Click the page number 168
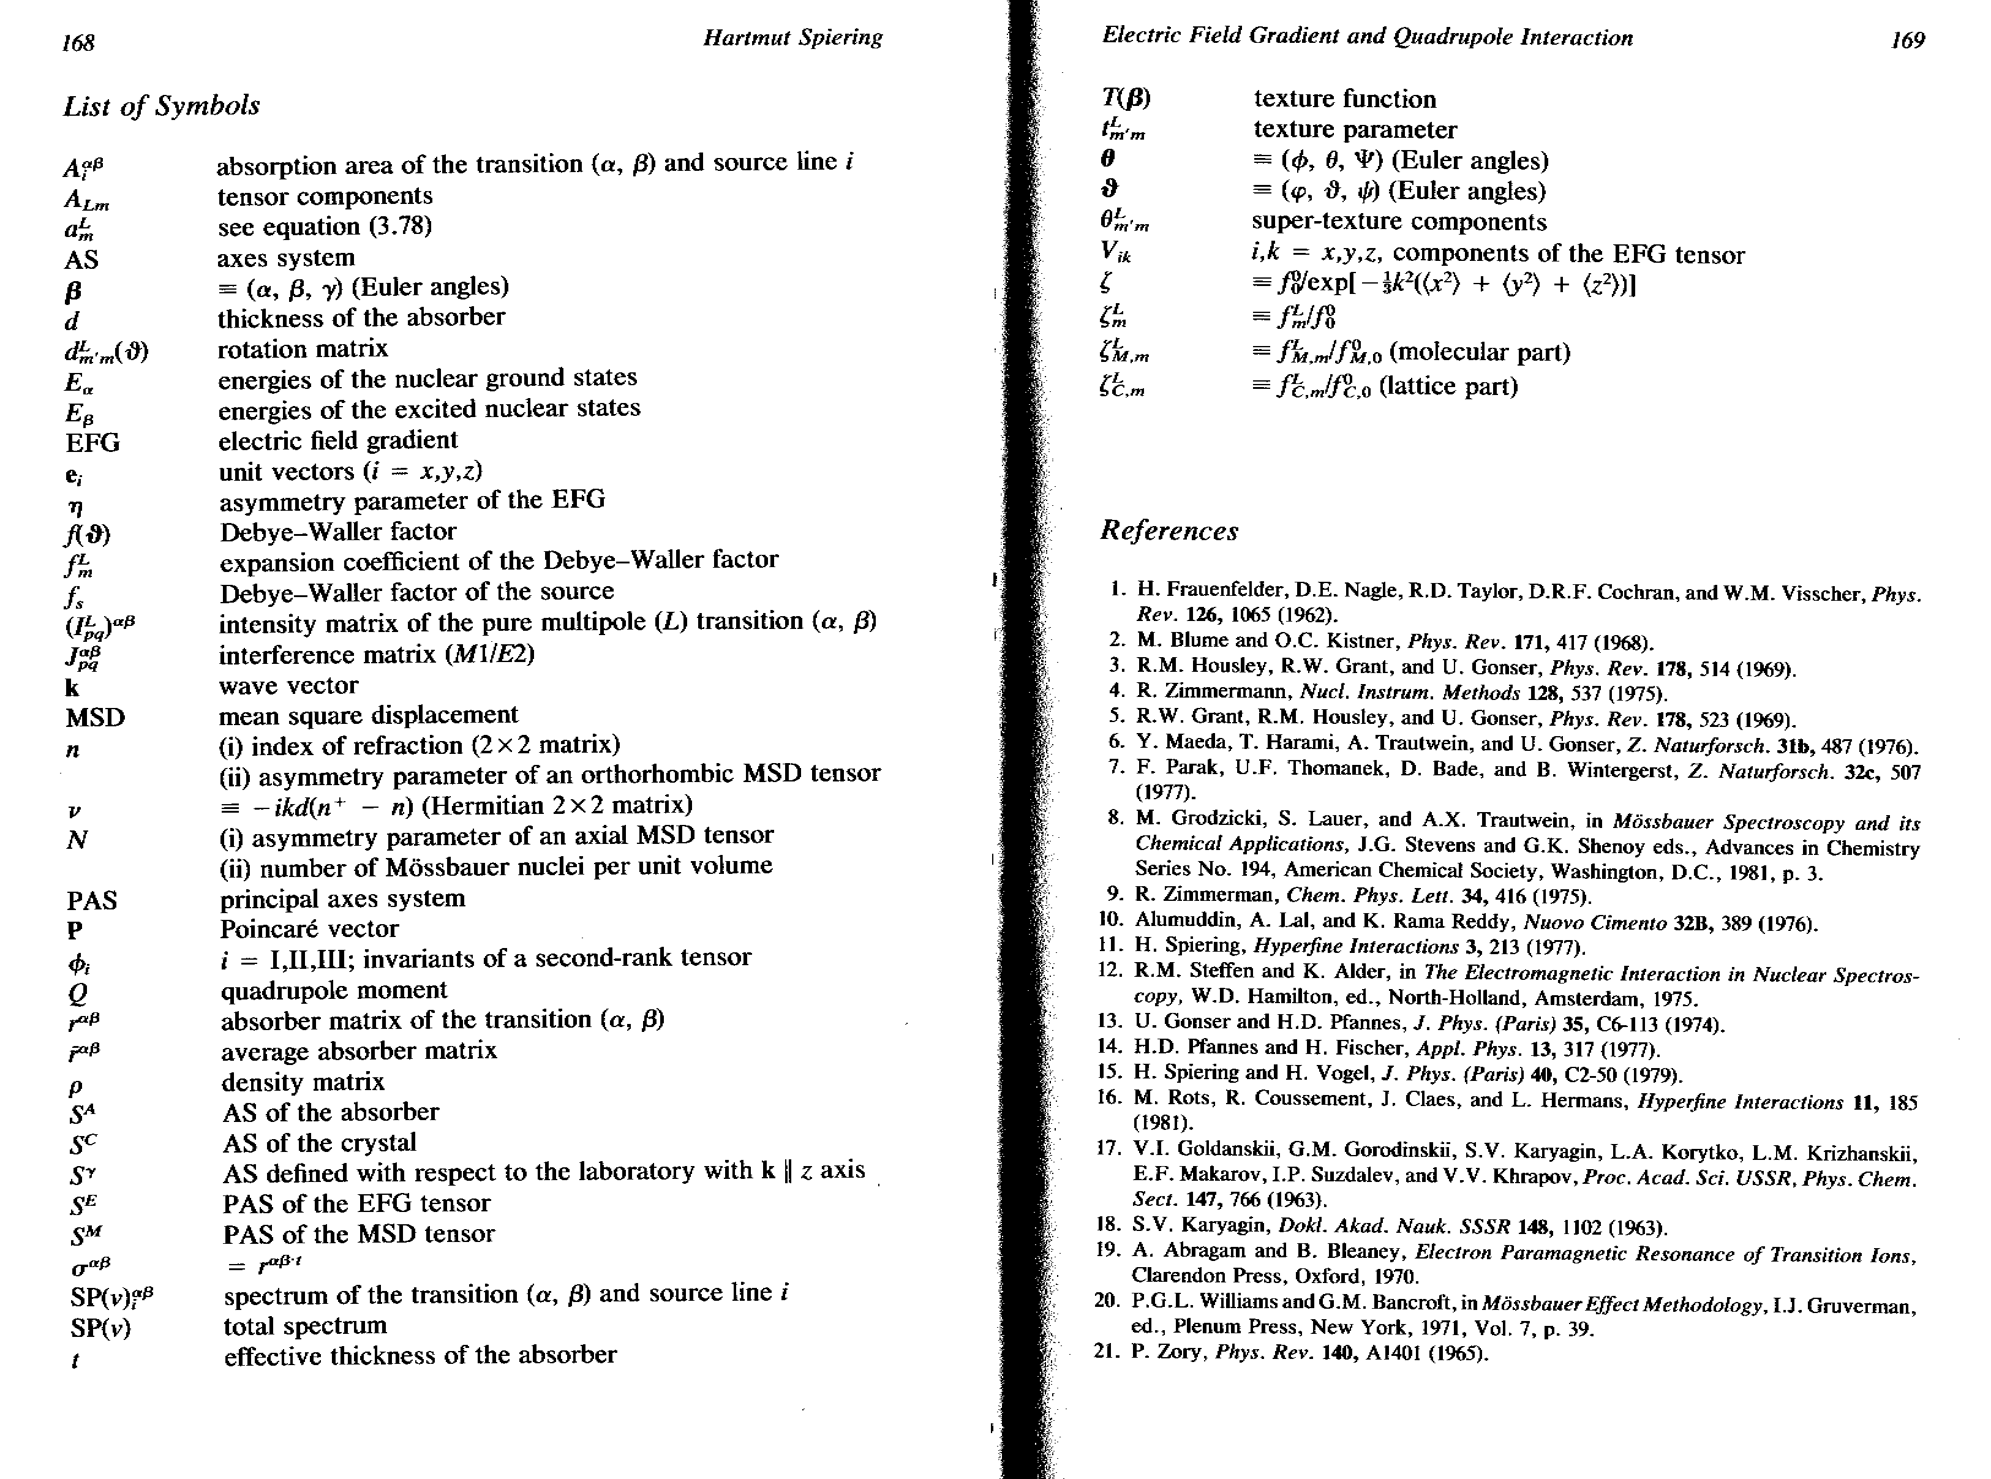click(79, 42)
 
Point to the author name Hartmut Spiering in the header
click(792, 37)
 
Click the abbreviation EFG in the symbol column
click(92, 442)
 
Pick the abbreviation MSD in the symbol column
click(95, 718)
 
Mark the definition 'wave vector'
click(289, 686)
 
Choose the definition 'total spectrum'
click(305, 1325)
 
